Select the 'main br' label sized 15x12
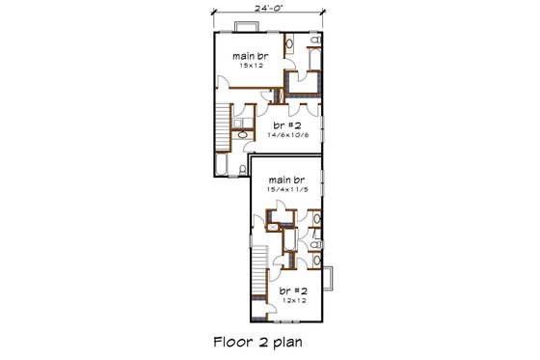point(250,56)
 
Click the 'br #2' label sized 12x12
point(292,290)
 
